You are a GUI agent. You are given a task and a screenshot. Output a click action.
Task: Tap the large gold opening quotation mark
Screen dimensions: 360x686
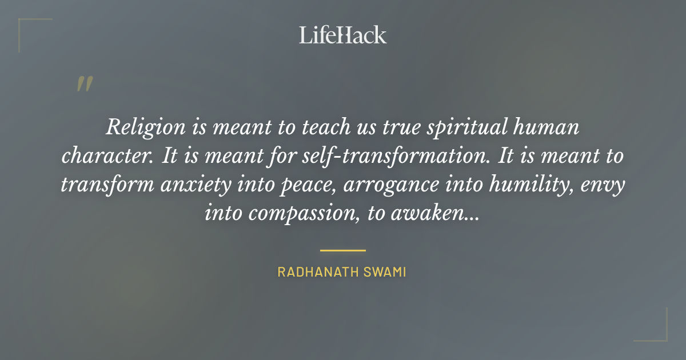[x=84, y=84]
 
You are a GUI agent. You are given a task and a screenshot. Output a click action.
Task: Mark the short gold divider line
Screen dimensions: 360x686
[x=342, y=250]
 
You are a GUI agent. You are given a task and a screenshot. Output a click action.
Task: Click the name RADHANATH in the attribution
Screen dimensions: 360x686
[x=317, y=272]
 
